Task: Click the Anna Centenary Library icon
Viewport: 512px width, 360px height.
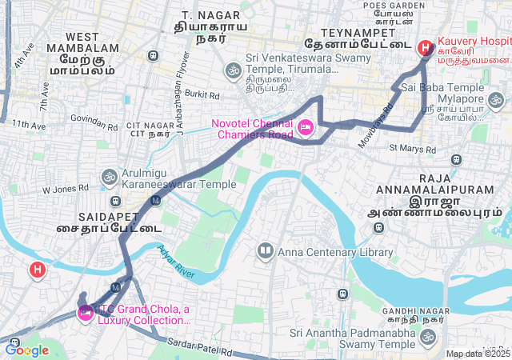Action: coord(265,252)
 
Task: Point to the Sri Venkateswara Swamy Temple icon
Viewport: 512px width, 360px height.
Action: coord(233,70)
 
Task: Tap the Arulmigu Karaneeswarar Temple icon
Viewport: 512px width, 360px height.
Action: coord(109,176)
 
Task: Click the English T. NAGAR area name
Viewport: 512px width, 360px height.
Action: coord(200,15)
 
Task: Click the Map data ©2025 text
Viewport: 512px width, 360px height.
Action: coord(478,354)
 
